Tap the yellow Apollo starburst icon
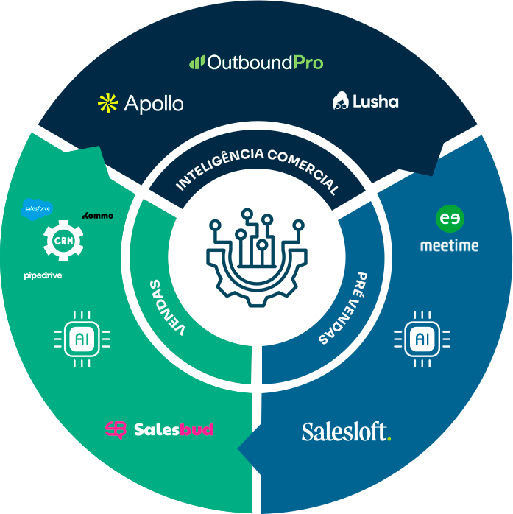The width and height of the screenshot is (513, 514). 107,103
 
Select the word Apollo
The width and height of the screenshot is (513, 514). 153,104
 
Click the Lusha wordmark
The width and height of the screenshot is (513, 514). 375,102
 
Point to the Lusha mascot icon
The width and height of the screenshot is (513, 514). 340,101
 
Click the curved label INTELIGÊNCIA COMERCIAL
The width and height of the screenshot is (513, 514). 257,169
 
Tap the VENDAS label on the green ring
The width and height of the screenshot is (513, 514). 166,306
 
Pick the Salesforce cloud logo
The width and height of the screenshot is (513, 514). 37,209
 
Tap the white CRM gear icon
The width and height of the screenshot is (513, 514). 63,241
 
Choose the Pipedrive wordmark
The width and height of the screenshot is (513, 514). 43,276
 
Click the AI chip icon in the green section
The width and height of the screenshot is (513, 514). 82,338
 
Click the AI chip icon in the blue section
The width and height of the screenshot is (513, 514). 421,339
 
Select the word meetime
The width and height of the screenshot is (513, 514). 449,245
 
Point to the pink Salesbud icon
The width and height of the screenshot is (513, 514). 116,429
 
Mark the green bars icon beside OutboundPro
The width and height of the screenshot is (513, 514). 197,63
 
